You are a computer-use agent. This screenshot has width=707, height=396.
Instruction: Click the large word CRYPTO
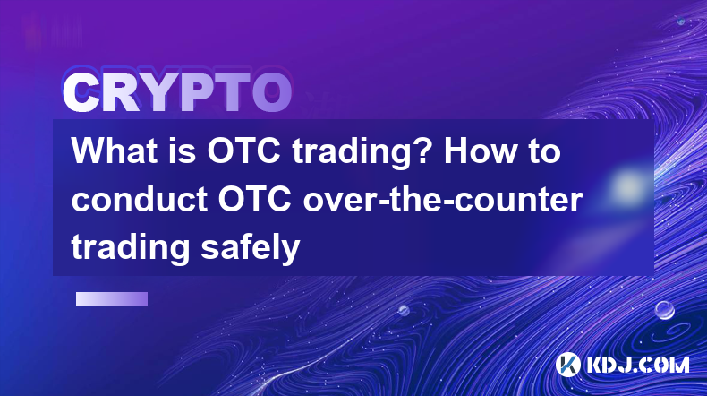point(177,93)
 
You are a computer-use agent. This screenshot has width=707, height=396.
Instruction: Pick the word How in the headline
point(480,151)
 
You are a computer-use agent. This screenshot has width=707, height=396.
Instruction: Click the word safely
point(251,248)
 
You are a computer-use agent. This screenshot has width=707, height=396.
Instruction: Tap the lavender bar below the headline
point(112,298)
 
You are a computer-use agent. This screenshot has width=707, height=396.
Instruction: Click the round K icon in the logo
point(567,365)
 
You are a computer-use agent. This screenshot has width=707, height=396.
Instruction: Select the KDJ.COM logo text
point(637,365)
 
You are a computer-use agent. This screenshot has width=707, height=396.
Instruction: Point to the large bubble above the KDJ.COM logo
point(664,310)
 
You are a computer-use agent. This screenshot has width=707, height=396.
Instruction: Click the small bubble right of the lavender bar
point(404,310)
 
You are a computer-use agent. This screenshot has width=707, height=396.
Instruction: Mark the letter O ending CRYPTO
point(271,93)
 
